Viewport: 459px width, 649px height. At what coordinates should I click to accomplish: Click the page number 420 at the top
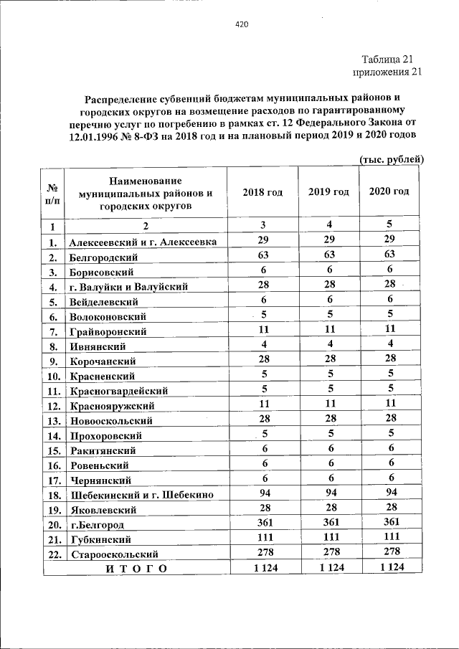tap(242, 24)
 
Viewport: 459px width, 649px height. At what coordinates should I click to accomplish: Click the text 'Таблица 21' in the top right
tap(387, 59)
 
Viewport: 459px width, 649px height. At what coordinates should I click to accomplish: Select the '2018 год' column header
tap(262, 192)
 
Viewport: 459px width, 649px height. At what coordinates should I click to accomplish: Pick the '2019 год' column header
tap(328, 192)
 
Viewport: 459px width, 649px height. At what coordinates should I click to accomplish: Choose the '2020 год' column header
tap(389, 191)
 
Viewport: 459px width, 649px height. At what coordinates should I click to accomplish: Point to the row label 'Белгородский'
tap(103, 256)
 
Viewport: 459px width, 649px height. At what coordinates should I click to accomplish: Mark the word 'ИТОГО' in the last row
tap(136, 569)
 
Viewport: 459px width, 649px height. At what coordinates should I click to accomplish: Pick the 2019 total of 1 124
tap(331, 567)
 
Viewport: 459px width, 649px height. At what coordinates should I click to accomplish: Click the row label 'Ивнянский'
tap(98, 346)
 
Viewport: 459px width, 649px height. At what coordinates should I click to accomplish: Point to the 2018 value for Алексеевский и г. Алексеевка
tap(263, 240)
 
